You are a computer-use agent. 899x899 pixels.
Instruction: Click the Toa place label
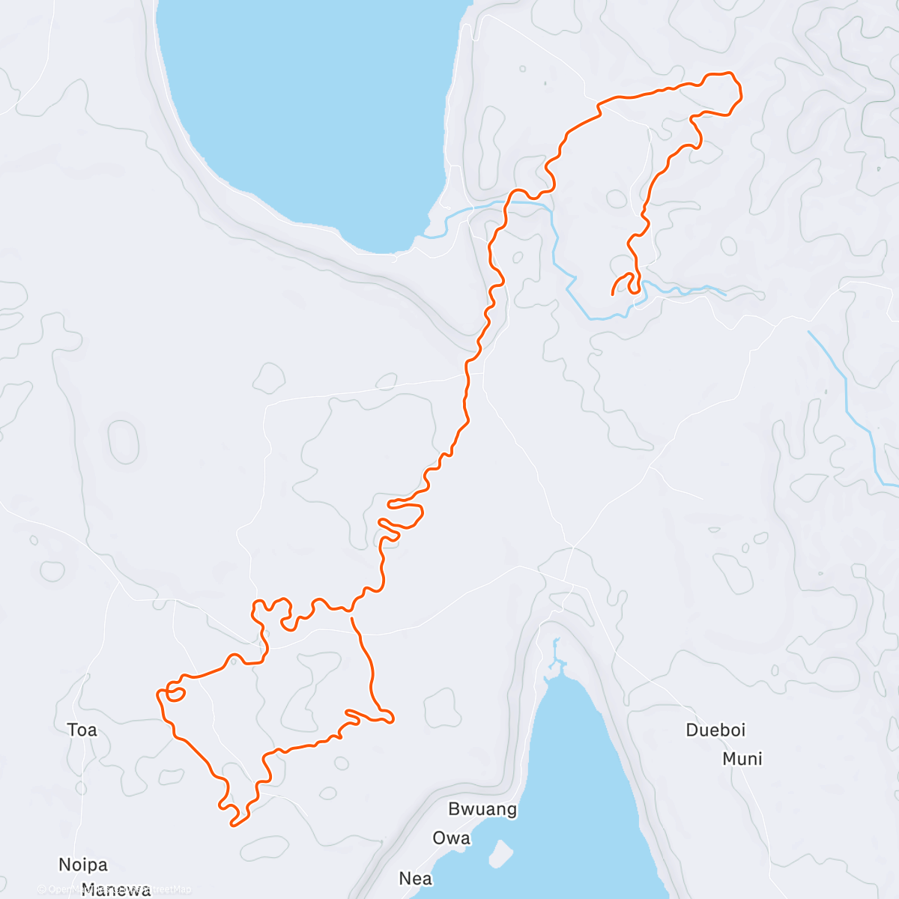[82, 730]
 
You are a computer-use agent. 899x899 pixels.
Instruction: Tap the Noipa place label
[83, 865]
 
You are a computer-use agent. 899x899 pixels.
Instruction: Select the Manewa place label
[116, 889]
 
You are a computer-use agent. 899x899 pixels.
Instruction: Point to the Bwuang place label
[482, 809]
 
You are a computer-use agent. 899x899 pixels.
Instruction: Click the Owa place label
[451, 838]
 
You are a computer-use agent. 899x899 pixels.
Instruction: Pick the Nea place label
[415, 878]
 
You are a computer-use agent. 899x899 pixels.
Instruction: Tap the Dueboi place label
[715, 730]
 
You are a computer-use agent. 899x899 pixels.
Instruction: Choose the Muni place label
[742, 759]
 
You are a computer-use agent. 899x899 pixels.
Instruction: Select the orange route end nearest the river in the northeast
[614, 294]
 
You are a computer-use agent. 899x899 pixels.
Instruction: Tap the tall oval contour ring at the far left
[124, 441]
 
